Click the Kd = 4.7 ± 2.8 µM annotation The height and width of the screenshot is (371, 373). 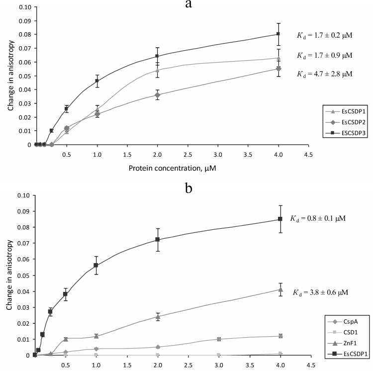click(322, 74)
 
